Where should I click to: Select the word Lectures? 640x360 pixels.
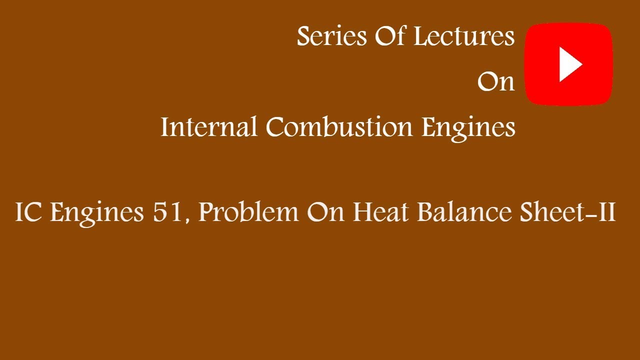click(464, 36)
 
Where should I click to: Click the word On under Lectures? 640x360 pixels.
click(495, 81)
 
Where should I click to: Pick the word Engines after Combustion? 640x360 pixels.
click(468, 128)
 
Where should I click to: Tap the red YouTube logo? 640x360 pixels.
click(568, 64)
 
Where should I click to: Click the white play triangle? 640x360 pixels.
click(570, 64)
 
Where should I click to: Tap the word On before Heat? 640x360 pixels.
click(325, 212)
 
